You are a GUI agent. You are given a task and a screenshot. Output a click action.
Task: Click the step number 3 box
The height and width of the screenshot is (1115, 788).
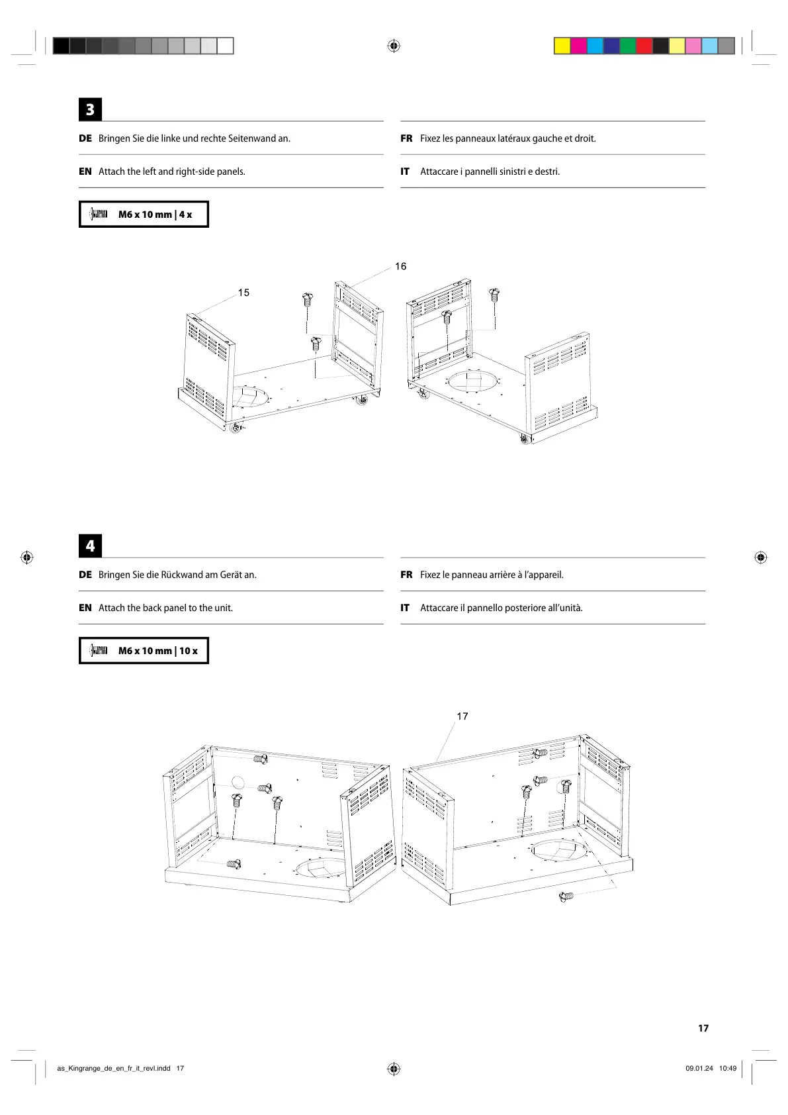(x=90, y=109)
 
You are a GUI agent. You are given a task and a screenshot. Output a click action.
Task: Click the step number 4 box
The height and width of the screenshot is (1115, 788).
(x=90, y=546)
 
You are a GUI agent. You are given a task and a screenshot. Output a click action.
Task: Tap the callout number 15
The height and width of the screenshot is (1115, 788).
(x=243, y=293)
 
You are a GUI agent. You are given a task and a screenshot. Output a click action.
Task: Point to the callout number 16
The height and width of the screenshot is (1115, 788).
(x=400, y=266)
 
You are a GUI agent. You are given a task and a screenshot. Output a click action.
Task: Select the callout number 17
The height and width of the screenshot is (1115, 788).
(x=462, y=716)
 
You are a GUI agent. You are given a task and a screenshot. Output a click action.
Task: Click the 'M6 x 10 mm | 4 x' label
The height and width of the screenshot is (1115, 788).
(x=155, y=215)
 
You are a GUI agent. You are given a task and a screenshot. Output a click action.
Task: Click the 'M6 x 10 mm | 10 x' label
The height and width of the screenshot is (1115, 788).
(x=157, y=651)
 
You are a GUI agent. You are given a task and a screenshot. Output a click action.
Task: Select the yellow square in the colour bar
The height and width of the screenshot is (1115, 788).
(x=562, y=46)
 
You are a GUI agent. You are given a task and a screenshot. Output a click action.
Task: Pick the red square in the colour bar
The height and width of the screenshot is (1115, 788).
(x=644, y=46)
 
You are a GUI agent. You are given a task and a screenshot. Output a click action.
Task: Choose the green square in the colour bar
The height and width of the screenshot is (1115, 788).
(x=627, y=46)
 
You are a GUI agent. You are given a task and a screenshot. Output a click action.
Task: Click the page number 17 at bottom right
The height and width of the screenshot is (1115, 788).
(x=703, y=1028)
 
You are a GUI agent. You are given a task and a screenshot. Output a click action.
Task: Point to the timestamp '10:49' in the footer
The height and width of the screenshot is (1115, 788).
(x=728, y=1068)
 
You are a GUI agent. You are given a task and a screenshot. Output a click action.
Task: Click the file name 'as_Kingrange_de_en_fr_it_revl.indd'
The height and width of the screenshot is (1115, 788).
(x=114, y=1068)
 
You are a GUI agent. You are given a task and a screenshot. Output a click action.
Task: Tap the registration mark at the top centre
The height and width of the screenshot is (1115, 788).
(x=394, y=46)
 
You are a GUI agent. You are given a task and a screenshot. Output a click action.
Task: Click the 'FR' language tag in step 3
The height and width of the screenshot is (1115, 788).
(x=406, y=138)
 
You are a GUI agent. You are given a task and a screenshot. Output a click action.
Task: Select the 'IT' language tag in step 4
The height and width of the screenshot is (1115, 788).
(x=405, y=608)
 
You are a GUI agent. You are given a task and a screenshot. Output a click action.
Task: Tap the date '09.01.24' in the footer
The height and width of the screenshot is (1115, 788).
(x=699, y=1068)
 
